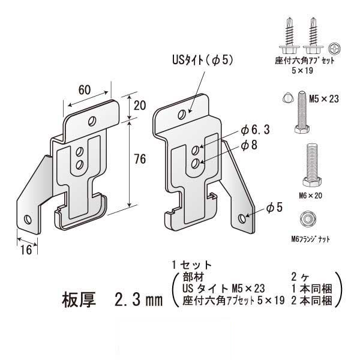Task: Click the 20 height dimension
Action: [140, 106]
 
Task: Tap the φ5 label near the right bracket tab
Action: [274, 208]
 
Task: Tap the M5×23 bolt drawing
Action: [299, 114]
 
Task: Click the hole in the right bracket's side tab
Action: [242, 218]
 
